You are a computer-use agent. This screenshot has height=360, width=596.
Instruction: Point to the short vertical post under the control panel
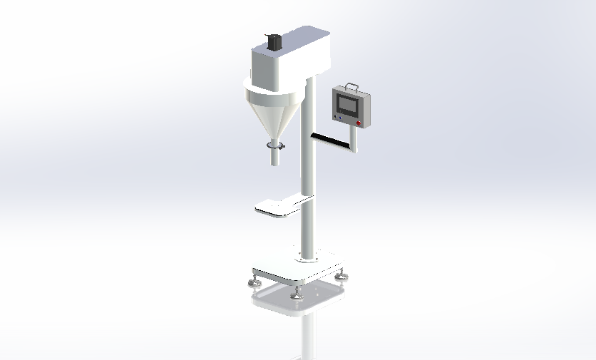(x=356, y=139)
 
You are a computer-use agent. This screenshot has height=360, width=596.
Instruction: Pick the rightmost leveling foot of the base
(x=344, y=274)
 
